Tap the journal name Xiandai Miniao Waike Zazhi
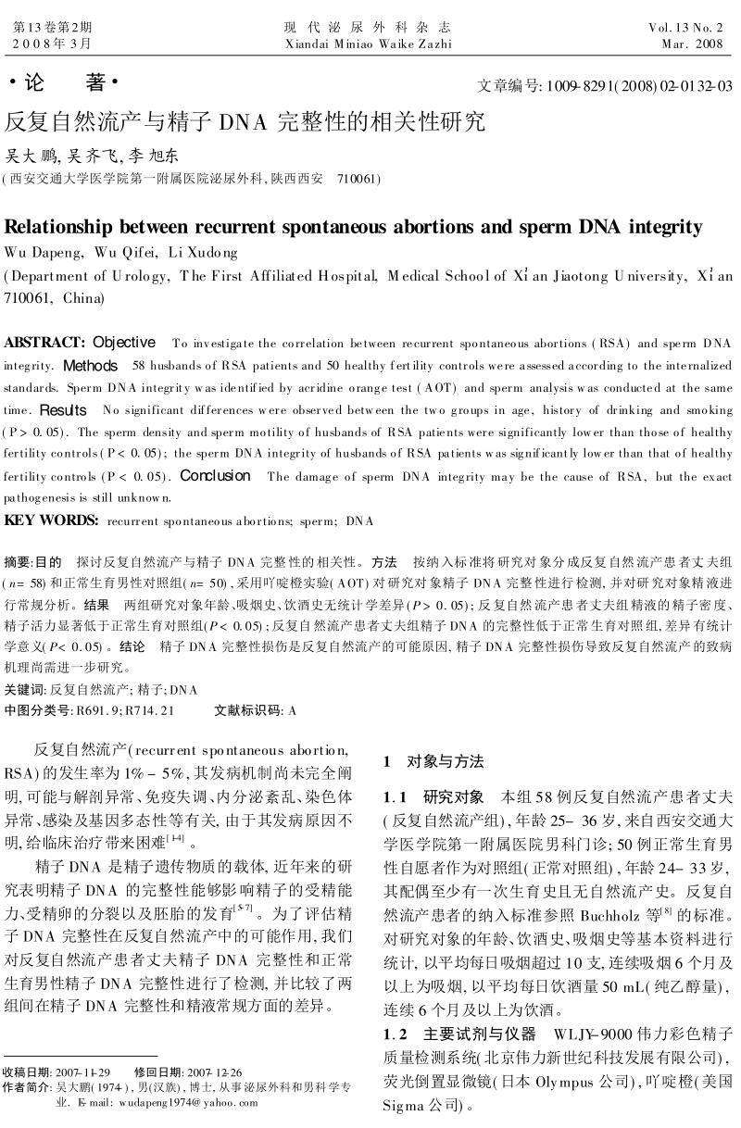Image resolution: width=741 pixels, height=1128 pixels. pyautogui.click(x=369, y=44)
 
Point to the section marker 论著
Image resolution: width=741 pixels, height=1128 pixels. pyautogui.click(x=64, y=83)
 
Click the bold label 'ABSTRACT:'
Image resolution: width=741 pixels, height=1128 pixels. pyautogui.click(x=44, y=344)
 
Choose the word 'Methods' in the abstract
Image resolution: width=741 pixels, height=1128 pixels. pyautogui.click(x=91, y=366)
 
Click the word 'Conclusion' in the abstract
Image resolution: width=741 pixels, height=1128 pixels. pyautogui.click(x=215, y=476)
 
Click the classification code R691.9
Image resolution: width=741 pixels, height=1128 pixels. pyautogui.click(x=100, y=710)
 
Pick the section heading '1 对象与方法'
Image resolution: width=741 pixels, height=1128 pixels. pyautogui.click(x=433, y=761)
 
